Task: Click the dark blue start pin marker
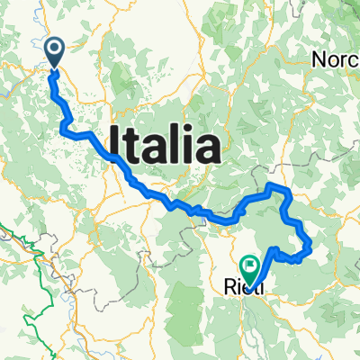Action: (53, 51)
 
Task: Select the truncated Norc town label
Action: (336, 59)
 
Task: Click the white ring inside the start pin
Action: (53, 49)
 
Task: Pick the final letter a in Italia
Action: (209, 148)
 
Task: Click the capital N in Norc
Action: (320, 59)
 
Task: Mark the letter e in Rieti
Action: (247, 290)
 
